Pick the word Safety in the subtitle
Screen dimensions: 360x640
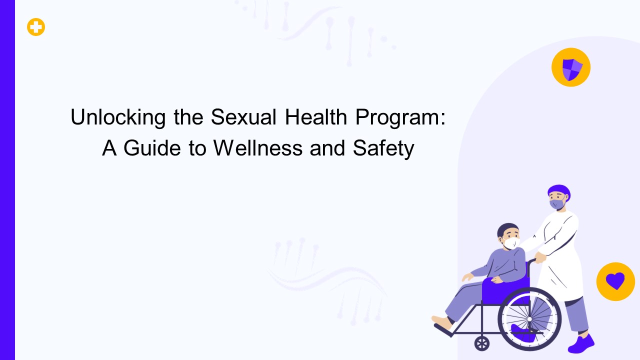tap(383, 148)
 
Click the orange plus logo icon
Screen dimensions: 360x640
tap(36, 27)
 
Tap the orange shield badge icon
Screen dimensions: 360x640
tap(570, 67)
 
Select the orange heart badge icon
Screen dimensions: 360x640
tap(615, 281)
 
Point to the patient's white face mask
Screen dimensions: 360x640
tap(511, 243)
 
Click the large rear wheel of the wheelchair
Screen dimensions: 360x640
tap(529, 319)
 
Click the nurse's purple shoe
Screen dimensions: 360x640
tap(581, 344)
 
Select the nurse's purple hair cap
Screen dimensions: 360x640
tap(559, 191)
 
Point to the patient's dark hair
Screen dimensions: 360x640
tap(507, 230)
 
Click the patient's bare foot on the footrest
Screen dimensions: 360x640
tap(442, 321)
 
